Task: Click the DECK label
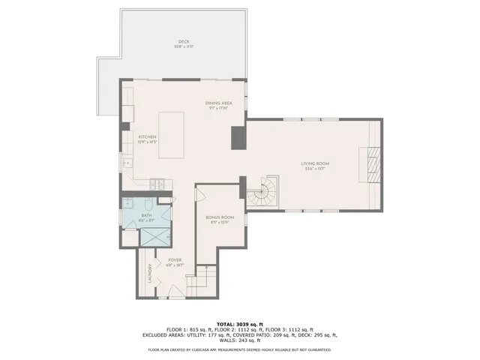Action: pos(184,41)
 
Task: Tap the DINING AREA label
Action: pos(217,103)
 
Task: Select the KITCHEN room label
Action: pos(147,136)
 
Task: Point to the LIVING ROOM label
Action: pos(316,163)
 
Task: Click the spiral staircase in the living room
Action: pos(262,193)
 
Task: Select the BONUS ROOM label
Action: pos(220,217)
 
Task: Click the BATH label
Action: pos(146,216)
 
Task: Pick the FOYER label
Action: pos(175,260)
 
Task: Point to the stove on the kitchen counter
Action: pos(158,182)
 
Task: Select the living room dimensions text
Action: pos(316,168)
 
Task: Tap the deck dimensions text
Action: pos(184,46)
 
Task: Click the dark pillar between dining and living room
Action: pos(238,137)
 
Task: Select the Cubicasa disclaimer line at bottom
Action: pos(240,349)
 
